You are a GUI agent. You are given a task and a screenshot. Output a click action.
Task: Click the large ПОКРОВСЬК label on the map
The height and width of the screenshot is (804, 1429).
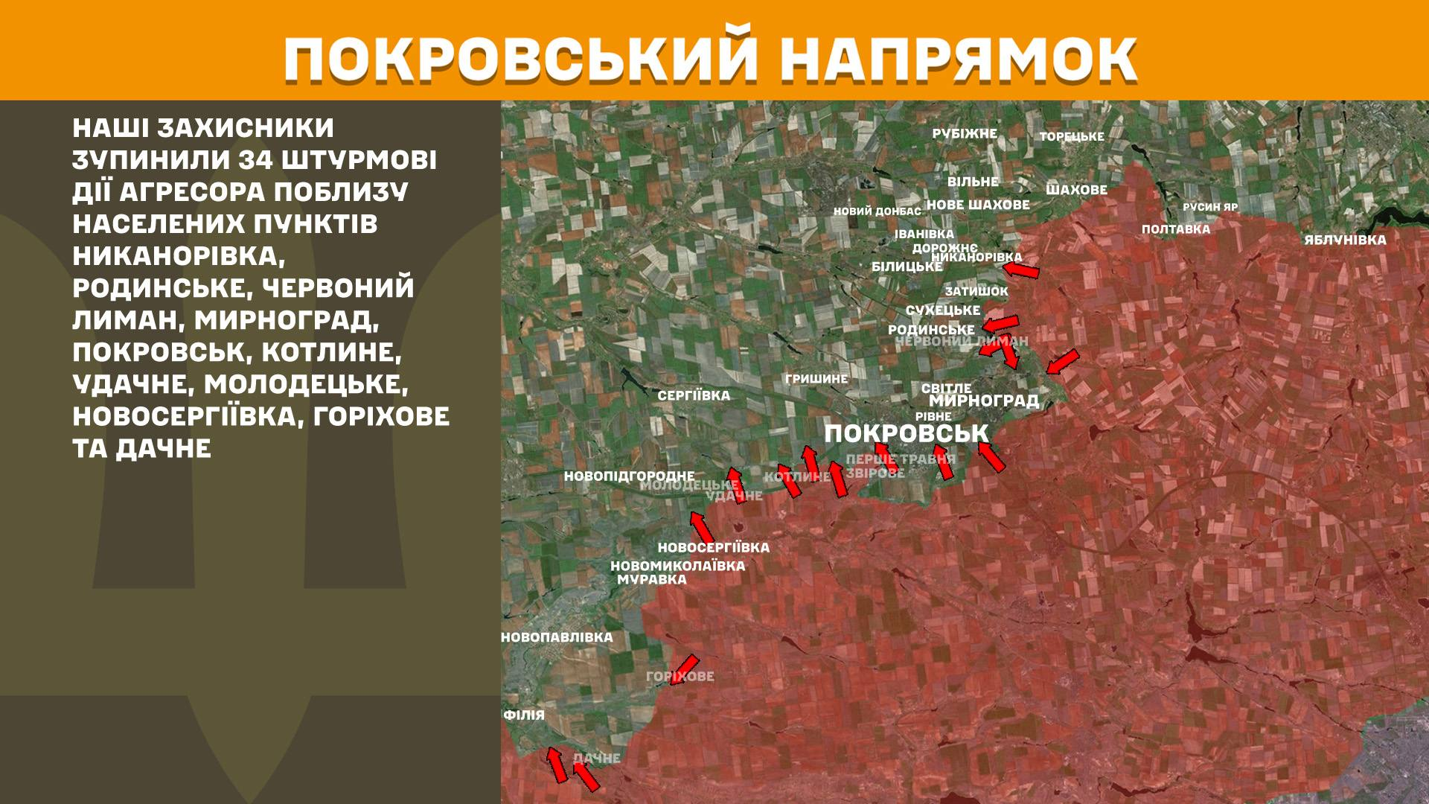coord(906,433)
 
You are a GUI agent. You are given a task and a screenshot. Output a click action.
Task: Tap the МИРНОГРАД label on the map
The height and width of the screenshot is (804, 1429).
coord(983,401)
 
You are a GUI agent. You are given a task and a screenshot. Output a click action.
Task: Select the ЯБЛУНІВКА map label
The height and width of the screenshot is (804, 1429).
coord(1345,240)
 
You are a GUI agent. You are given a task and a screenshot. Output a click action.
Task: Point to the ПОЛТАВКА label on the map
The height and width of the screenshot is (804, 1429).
coord(1176,229)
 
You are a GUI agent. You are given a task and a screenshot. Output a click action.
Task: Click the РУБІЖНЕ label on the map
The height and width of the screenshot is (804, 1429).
coord(965,134)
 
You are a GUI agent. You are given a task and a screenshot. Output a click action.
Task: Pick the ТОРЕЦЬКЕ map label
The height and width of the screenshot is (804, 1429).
coord(1072,137)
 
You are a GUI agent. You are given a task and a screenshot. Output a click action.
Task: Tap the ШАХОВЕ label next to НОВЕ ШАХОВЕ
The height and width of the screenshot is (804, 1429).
coord(1076,190)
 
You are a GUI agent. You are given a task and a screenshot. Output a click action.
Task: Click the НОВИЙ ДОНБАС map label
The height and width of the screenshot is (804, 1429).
coord(877,211)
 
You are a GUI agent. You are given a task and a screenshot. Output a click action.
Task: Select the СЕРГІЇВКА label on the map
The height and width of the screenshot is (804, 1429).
coord(694,395)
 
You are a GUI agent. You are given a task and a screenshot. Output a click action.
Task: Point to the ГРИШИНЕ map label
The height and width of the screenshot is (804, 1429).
coord(816,379)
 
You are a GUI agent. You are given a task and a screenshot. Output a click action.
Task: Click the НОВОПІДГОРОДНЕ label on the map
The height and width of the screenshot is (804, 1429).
coord(629,476)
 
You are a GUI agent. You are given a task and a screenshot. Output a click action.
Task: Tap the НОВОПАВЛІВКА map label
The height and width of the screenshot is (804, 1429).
coord(557,637)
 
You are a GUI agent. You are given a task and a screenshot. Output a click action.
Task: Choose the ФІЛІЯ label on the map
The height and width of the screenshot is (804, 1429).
coord(524,715)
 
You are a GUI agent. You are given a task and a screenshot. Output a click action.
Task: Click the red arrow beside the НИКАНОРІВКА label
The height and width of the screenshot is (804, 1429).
coord(1020,269)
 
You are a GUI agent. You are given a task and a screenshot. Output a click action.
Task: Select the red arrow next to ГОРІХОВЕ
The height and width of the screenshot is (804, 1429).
coord(685,668)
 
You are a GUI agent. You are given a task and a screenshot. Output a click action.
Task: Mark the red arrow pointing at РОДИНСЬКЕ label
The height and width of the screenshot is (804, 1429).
coord(1000,323)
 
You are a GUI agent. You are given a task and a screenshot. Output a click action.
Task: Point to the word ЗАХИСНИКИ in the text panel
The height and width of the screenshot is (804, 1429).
coord(246,128)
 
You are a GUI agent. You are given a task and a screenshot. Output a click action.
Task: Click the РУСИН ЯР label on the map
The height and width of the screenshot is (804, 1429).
coord(1210,207)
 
